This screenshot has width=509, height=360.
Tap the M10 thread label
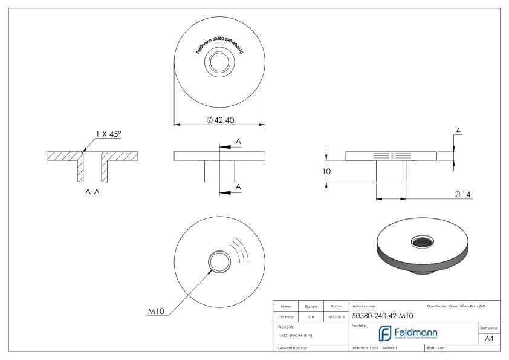[x=157, y=312]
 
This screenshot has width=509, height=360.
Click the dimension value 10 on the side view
[x=326, y=172]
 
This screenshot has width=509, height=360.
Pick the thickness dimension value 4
[x=459, y=131]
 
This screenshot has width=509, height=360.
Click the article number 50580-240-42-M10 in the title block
[x=381, y=315]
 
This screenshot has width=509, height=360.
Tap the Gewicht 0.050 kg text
[x=292, y=348]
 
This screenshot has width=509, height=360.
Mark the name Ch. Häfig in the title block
[x=287, y=315]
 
